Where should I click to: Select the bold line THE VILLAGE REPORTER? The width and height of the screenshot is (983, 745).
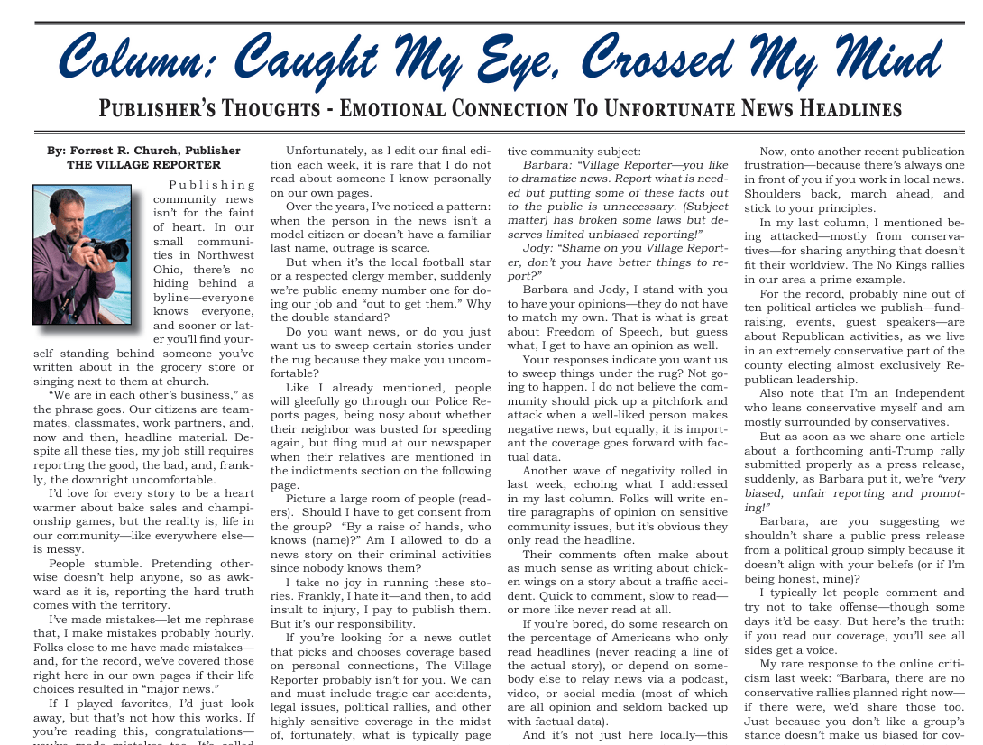pyautogui.click(x=143, y=165)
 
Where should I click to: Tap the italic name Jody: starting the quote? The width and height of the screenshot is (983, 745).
pyautogui.click(x=541, y=248)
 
